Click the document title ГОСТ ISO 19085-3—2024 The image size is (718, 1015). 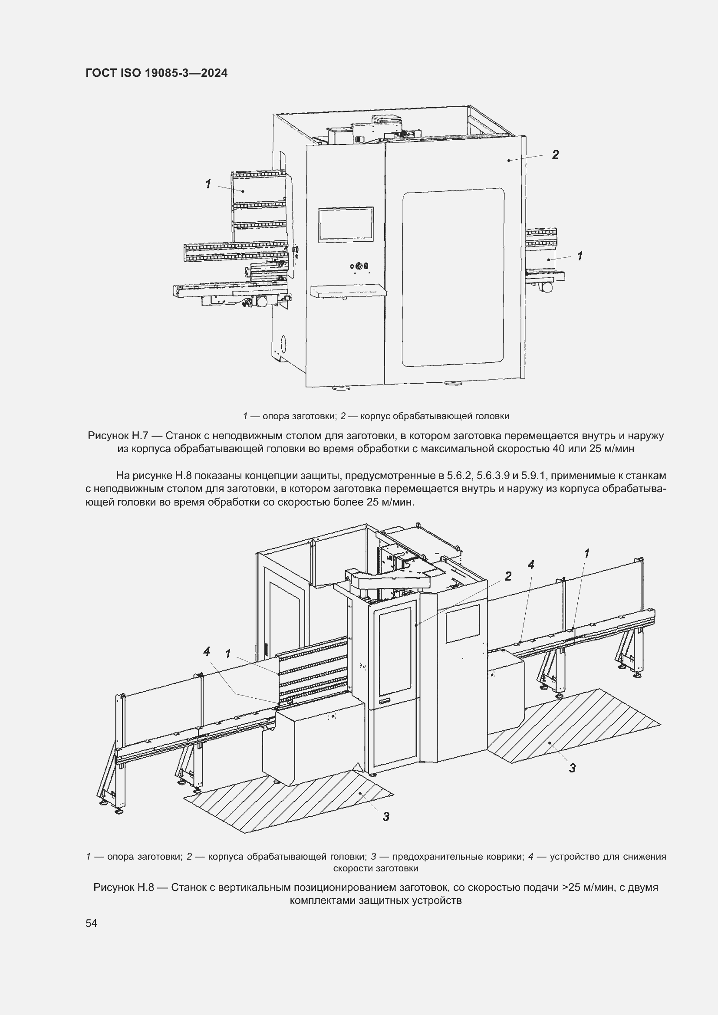(157, 73)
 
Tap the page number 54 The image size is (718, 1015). (91, 923)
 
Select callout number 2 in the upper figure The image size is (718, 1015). (555, 155)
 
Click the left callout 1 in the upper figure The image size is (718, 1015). (208, 184)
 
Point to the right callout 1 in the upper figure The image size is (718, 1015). (580, 256)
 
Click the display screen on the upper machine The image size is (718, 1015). (346, 225)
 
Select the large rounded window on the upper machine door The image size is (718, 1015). (453, 278)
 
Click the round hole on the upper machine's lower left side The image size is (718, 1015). (283, 344)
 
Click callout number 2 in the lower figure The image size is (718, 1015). (508, 576)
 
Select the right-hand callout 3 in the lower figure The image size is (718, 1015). (572, 769)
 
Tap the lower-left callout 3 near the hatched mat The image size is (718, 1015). (385, 817)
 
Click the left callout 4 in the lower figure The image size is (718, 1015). (207, 651)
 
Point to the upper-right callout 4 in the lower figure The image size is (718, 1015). (531, 565)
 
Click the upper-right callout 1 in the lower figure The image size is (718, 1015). (587, 553)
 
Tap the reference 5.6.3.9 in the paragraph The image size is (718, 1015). (494, 476)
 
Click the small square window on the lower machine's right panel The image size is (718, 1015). (462, 623)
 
